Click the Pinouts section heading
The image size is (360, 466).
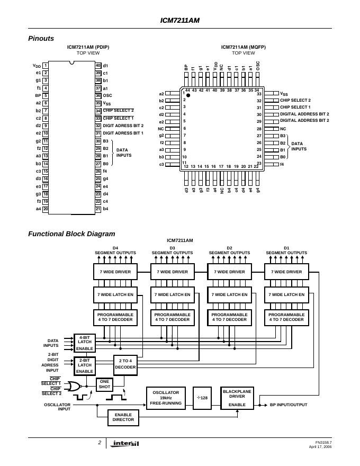41,38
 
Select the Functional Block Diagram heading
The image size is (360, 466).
71,234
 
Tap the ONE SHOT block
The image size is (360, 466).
104,384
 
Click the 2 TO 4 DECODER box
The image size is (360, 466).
125,364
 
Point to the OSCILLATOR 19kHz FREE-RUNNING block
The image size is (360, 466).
166,398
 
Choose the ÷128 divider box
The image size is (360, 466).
202,398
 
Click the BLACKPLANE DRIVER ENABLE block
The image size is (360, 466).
237,398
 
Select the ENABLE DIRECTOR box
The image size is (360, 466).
123,417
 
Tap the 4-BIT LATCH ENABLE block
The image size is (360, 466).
85,343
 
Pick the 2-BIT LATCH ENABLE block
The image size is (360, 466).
85,365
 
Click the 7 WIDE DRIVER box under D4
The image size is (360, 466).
115,272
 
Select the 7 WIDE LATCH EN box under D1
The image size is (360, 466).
286,294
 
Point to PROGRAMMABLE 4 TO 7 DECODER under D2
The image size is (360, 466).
229,317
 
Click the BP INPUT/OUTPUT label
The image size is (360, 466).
289,405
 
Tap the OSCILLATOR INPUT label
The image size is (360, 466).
57,407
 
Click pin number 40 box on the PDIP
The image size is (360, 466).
98,65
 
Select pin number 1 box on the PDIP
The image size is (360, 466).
46,65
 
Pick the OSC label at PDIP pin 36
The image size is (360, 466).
107,96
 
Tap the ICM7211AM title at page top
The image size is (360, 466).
179,21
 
